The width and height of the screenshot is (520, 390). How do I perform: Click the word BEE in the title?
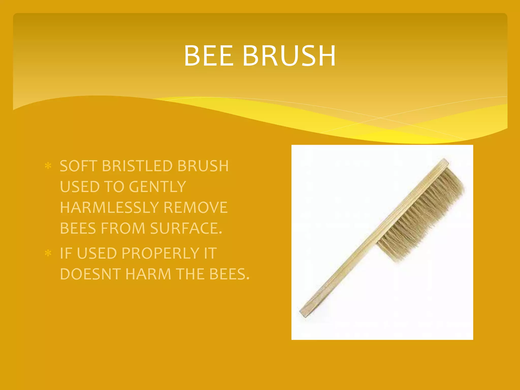coord(208,56)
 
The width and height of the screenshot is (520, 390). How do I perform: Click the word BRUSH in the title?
coord(289,56)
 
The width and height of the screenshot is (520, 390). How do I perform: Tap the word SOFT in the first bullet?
coord(78,166)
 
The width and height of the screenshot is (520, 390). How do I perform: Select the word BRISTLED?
coord(137,166)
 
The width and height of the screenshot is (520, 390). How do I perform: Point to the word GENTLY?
coord(157,187)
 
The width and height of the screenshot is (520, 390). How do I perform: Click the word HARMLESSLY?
coord(109,207)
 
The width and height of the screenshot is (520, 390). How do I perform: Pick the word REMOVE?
coord(195,207)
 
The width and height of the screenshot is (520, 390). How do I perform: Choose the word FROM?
coord(123,228)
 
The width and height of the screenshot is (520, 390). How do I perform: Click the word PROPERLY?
coord(160,253)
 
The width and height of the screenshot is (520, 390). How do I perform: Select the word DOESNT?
coord(90,274)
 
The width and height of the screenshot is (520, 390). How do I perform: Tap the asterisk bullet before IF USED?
coord(48,253)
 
